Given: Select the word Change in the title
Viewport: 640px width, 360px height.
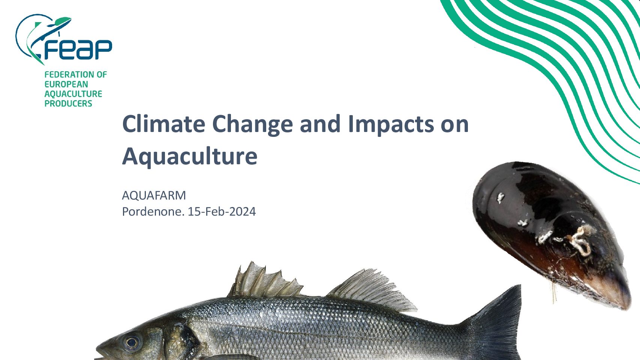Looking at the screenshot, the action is point(252,125).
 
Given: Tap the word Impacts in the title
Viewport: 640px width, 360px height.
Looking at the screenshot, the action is point(391,125).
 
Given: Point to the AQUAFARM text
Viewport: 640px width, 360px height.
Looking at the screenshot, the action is point(154,195).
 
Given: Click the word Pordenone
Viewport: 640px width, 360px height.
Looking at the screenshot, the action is point(153,212).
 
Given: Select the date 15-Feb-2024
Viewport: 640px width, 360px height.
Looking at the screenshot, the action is point(222,212).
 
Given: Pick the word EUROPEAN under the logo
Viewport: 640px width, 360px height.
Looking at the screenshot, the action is point(66,84).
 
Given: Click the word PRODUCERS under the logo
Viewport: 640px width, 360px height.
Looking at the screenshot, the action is point(68,103).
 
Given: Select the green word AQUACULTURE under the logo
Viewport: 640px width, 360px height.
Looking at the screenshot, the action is point(73,94).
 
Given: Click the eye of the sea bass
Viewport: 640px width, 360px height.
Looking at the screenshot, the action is point(132,342).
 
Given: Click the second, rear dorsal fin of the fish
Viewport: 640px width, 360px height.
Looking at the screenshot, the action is point(372,290).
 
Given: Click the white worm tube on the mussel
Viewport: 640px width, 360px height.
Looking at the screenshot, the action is point(580,240).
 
